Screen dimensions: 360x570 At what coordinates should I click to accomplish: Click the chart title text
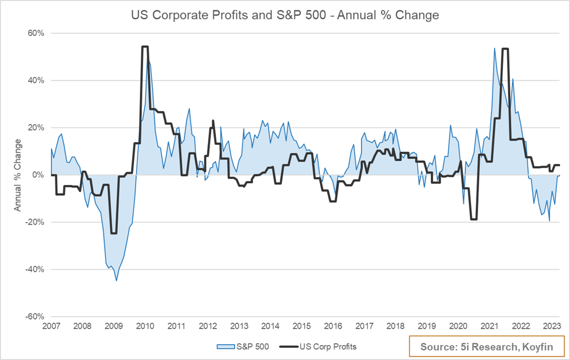[284, 15]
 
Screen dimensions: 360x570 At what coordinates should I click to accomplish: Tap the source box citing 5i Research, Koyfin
[486, 347]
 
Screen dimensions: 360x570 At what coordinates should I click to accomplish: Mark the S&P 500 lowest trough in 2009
[116, 281]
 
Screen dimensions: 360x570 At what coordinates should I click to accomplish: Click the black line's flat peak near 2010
[145, 47]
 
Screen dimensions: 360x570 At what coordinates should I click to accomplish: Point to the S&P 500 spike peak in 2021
[494, 48]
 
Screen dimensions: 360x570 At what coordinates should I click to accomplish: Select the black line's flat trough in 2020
[474, 219]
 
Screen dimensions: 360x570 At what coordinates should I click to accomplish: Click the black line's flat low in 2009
[113, 233]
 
